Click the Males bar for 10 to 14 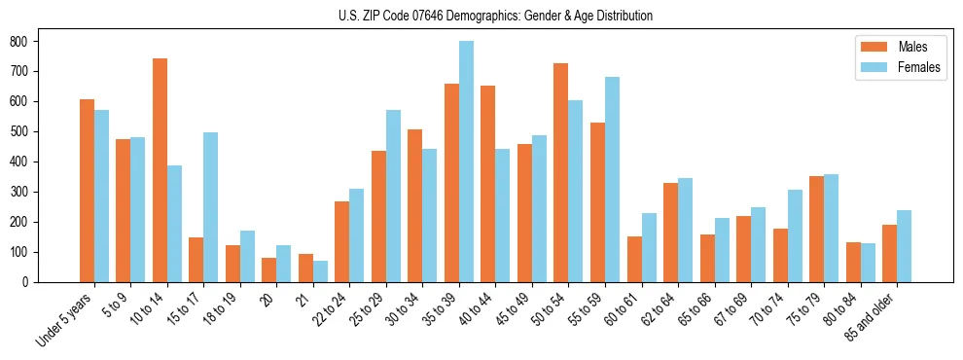(160, 170)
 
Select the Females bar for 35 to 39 (466, 162)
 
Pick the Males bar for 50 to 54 (561, 172)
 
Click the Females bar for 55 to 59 (613, 179)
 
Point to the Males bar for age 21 (305, 268)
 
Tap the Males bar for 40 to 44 (488, 184)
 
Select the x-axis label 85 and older (874, 316)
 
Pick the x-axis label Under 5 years (66, 319)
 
